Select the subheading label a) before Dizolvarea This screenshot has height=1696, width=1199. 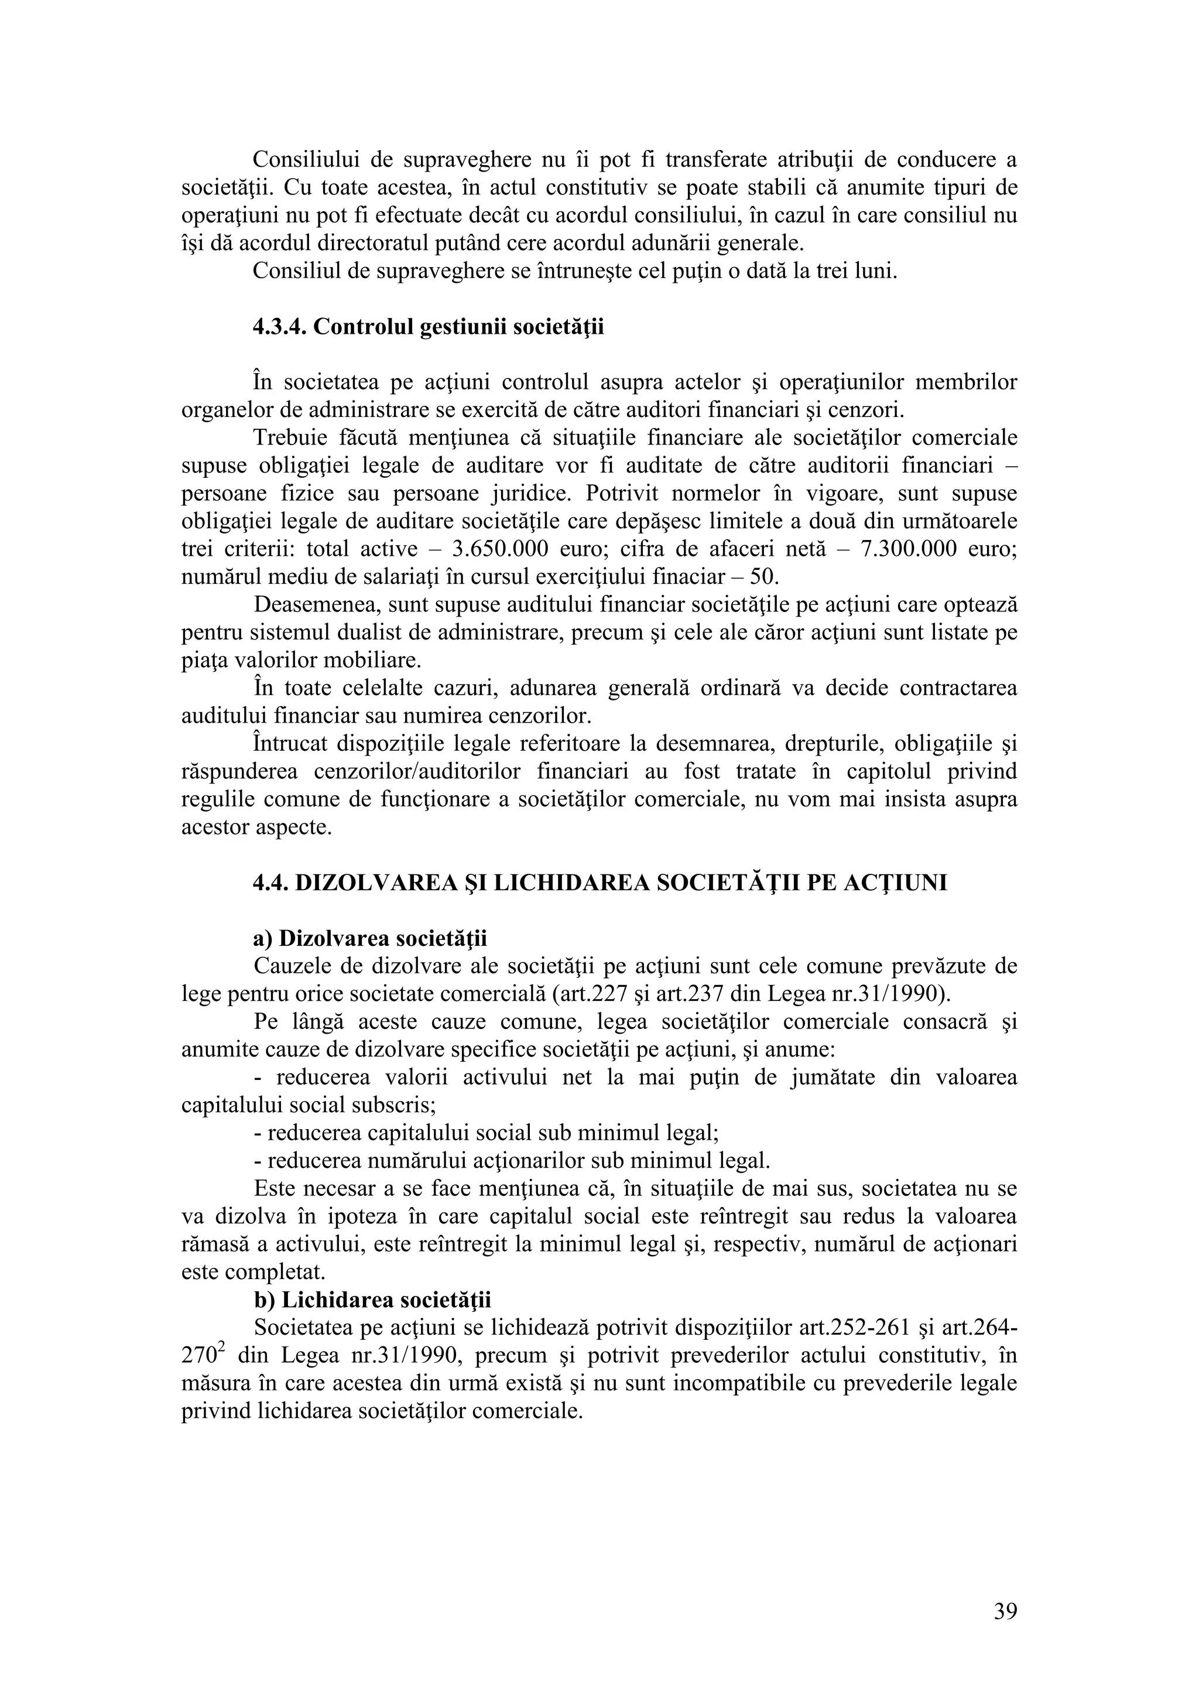pos(263,939)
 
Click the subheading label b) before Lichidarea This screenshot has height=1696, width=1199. pos(263,1300)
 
